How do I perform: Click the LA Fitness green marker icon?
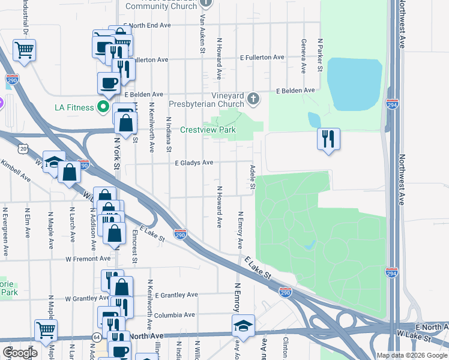(x=103, y=107)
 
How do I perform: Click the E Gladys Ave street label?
(x=194, y=163)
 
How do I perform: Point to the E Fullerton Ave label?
(x=262, y=58)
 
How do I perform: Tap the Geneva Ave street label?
(x=304, y=56)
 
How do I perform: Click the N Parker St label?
(x=321, y=56)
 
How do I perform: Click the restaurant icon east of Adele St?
(x=328, y=139)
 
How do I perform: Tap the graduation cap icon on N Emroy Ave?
(x=243, y=326)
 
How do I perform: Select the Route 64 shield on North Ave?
(x=97, y=338)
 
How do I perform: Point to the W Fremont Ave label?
(x=88, y=259)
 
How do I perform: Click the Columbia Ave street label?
(x=174, y=314)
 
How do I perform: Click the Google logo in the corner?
(x=20, y=352)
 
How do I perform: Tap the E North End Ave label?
(x=147, y=26)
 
